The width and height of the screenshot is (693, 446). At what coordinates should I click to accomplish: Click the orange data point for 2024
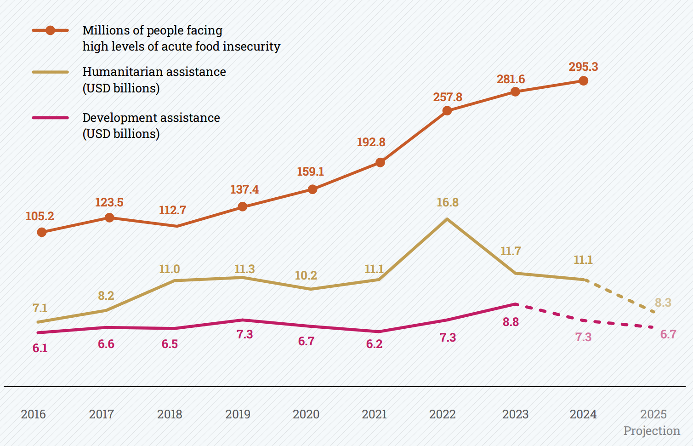click(583, 81)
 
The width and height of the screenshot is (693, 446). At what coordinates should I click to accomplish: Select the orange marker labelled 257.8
click(447, 111)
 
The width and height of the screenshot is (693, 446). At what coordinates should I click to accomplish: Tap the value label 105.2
click(40, 216)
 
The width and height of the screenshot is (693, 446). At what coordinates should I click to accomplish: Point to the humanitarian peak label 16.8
click(447, 202)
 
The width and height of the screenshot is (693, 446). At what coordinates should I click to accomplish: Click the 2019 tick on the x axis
click(238, 414)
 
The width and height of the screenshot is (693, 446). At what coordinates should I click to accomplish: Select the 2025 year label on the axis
click(653, 414)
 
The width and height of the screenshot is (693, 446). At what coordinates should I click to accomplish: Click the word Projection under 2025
click(651, 431)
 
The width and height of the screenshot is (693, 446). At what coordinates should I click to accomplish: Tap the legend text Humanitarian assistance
click(154, 72)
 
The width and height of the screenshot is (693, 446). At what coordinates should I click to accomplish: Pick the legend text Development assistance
click(151, 118)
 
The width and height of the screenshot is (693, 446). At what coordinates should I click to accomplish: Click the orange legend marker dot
click(50, 30)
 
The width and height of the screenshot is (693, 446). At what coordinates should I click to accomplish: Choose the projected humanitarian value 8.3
click(663, 303)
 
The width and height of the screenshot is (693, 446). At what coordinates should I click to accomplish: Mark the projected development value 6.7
click(668, 334)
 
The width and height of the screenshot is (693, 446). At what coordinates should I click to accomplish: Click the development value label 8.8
click(511, 322)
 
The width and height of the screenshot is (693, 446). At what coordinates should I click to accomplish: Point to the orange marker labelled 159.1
click(312, 189)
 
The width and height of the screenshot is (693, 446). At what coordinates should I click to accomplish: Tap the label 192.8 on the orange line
click(371, 142)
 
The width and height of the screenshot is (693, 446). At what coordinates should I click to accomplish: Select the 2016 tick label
click(33, 414)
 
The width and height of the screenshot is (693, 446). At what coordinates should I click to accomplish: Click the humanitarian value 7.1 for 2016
click(40, 308)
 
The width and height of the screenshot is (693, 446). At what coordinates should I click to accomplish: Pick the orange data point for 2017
click(109, 217)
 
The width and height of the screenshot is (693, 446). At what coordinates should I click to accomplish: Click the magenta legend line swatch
click(50, 118)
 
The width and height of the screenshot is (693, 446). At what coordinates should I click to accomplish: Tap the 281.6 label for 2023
click(511, 79)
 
